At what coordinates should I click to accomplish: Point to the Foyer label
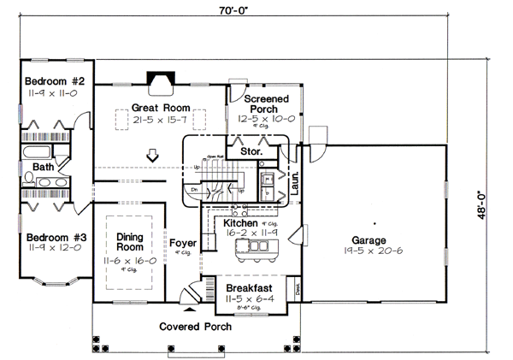tap(183, 242)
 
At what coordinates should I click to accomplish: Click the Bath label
tap(43, 167)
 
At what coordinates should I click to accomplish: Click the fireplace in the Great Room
tap(159, 81)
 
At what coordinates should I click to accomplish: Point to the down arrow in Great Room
tap(153, 156)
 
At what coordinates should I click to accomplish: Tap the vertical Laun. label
tap(293, 182)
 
